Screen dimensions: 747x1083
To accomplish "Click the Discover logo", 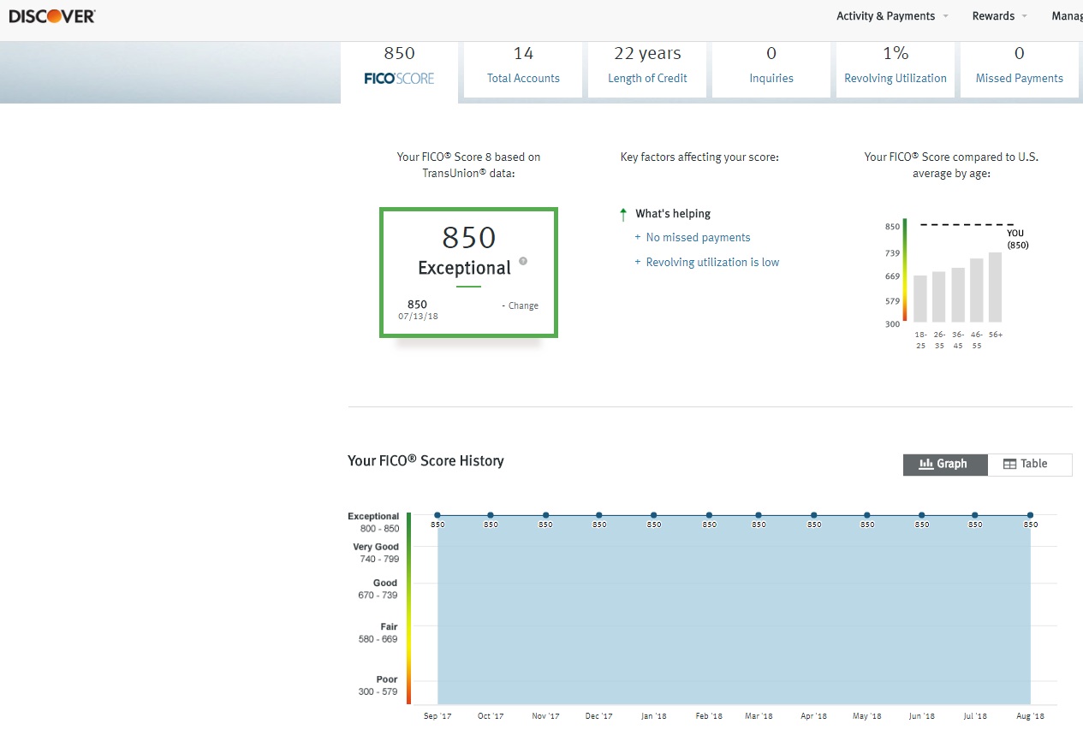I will click(x=52, y=16).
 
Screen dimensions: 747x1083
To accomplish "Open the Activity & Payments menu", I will click(x=886, y=16).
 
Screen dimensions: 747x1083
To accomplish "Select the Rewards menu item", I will click(x=993, y=16).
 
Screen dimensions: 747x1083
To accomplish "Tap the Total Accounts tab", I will click(x=523, y=67).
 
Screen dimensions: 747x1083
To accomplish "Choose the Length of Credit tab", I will click(x=647, y=67).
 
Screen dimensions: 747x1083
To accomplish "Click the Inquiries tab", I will click(x=771, y=67).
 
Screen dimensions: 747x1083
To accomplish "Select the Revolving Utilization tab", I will click(x=896, y=67).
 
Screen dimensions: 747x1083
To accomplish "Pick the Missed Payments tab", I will click(x=1019, y=67).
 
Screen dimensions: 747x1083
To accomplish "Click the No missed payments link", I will click(x=698, y=238).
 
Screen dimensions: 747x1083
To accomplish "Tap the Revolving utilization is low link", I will click(x=712, y=263).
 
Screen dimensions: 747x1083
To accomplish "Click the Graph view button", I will click(x=945, y=464).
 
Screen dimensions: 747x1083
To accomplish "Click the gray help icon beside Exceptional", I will click(x=523, y=262).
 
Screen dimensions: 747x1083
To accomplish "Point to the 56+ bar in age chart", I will click(x=995, y=287).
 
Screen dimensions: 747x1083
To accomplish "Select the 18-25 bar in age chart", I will click(x=920, y=298).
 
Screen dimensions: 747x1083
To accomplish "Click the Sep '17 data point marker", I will click(x=437, y=515).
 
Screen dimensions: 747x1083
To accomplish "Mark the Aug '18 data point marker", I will click(x=1030, y=515).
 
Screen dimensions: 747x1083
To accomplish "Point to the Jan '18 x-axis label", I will click(x=654, y=716).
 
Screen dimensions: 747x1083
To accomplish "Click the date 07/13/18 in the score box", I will click(x=418, y=317).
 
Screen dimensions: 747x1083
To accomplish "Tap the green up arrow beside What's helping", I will click(x=623, y=214).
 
